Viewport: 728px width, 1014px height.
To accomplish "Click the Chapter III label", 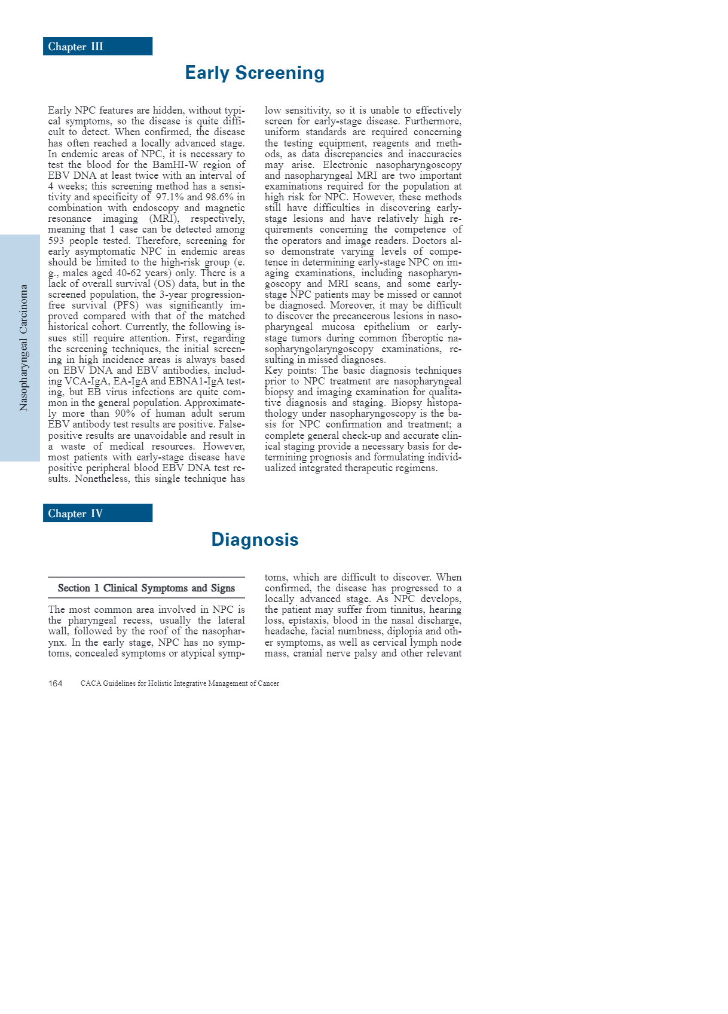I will (76, 47).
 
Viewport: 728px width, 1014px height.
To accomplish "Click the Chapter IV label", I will (76, 514).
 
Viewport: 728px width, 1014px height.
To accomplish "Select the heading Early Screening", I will (255, 73).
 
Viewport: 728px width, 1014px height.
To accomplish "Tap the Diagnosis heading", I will (255, 540).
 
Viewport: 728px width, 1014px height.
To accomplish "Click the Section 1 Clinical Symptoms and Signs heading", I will (146, 588).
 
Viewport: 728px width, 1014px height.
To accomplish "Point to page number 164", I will (55, 683).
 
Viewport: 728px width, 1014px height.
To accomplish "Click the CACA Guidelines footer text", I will (180, 683).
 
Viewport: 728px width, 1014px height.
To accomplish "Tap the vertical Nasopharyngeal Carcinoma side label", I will (23, 347).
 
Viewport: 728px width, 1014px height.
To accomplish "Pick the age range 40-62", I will (129, 273).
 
